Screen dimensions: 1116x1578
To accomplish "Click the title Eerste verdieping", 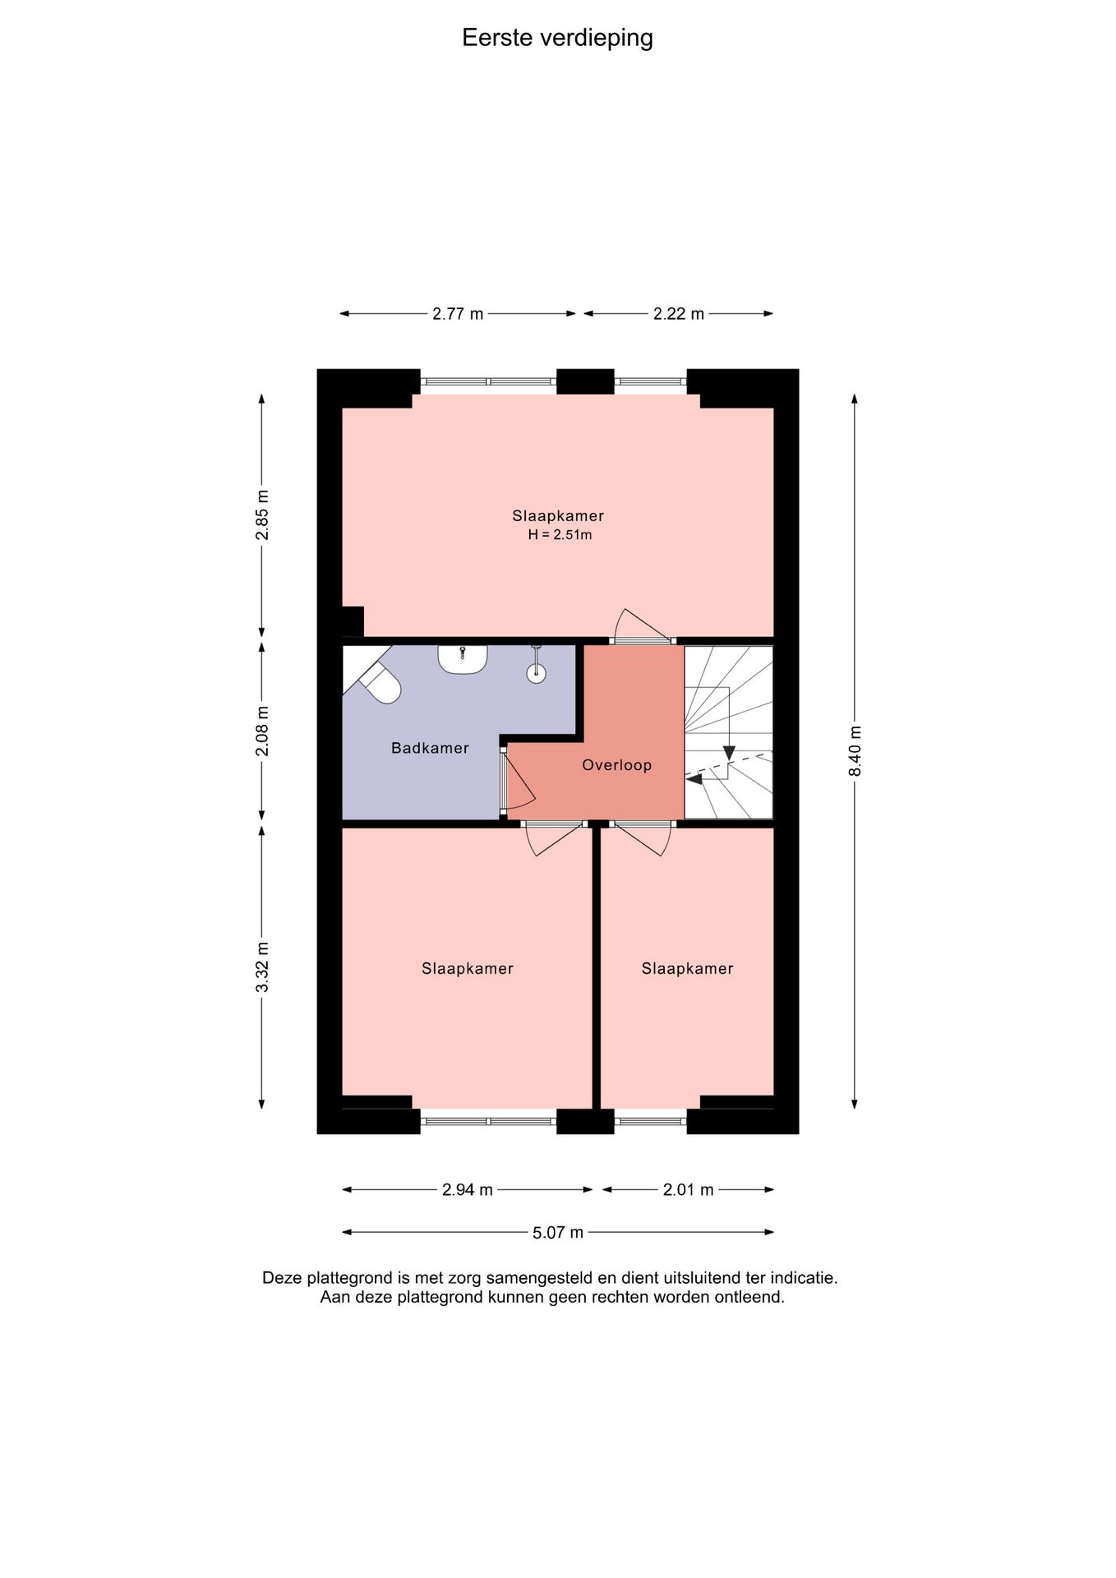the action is pyautogui.click(x=557, y=39).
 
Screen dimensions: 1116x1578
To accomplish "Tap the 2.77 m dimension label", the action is pyautogui.click(x=458, y=314).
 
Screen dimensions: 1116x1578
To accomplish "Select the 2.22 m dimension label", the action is pyautogui.click(x=679, y=314).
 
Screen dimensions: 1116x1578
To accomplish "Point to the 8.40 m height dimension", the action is pyautogui.click(x=855, y=750).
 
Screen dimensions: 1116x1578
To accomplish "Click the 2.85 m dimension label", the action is pyautogui.click(x=262, y=514).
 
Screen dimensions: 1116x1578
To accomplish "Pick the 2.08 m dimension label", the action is pyautogui.click(x=262, y=731).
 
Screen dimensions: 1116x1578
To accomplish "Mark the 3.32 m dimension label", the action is pyautogui.click(x=262, y=967).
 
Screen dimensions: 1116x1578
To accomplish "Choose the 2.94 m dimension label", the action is pyautogui.click(x=468, y=1189).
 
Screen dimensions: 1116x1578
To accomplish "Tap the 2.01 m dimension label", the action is pyautogui.click(x=689, y=1189).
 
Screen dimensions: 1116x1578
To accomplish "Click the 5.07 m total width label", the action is pyautogui.click(x=558, y=1232).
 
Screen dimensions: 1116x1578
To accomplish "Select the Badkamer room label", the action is pyautogui.click(x=430, y=748).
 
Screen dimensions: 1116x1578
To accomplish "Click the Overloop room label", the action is pyautogui.click(x=617, y=765).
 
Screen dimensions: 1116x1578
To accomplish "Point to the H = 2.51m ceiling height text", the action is pyautogui.click(x=560, y=535).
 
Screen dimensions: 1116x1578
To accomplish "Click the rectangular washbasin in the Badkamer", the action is pyautogui.click(x=463, y=659).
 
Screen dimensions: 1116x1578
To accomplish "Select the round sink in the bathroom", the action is pyautogui.click(x=536, y=672).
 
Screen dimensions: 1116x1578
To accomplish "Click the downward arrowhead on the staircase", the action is pyautogui.click(x=728, y=754).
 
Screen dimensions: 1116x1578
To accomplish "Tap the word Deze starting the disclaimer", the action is pyautogui.click(x=282, y=1278).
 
